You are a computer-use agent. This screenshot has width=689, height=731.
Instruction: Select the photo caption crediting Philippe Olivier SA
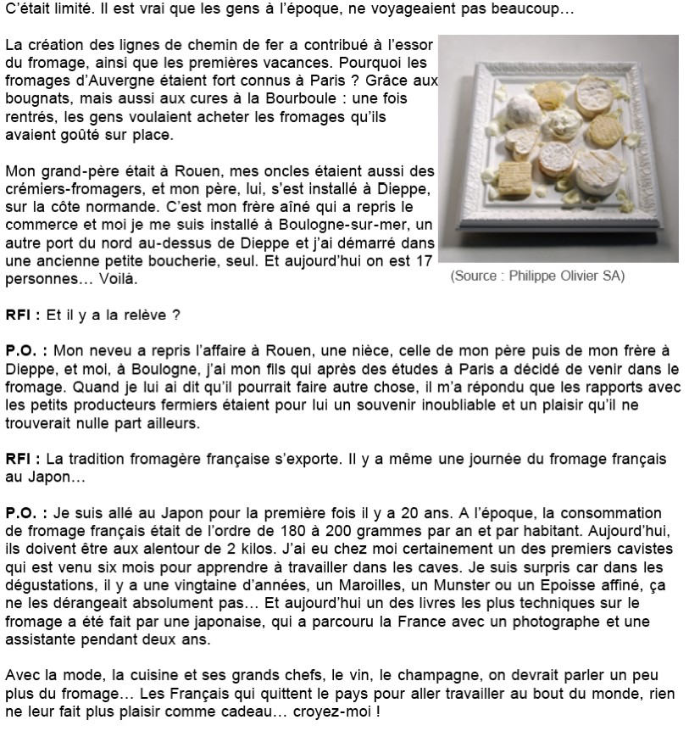(x=537, y=276)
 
